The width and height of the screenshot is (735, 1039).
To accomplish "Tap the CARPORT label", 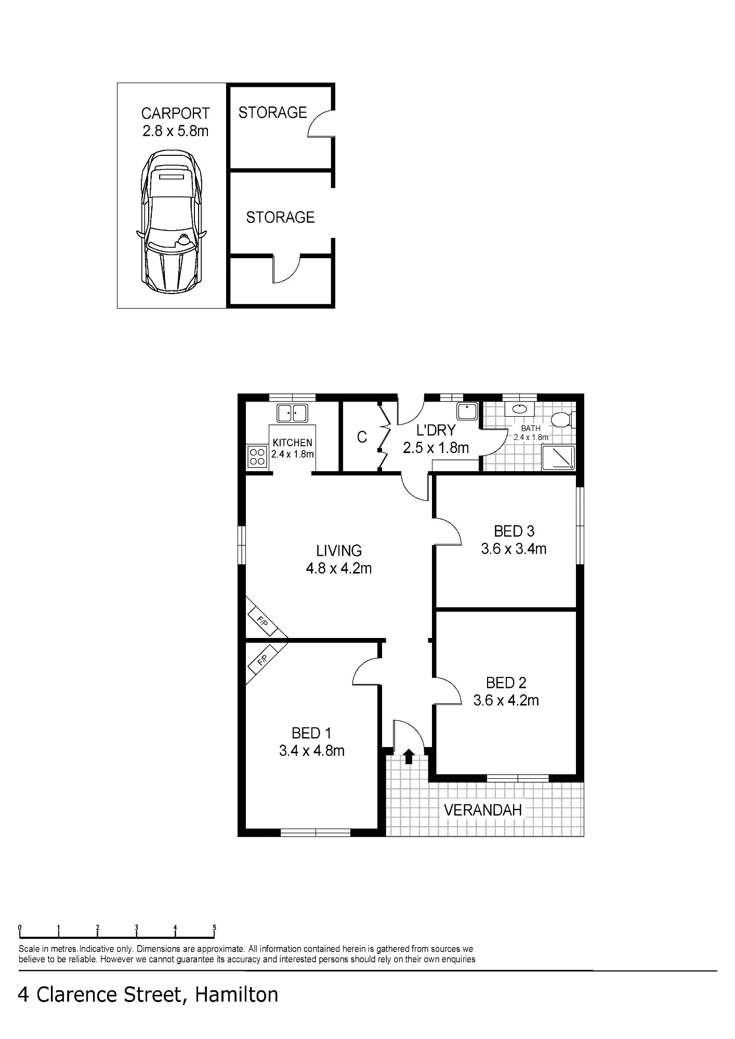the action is click(x=175, y=113).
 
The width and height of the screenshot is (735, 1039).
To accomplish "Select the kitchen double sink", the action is click(x=292, y=413).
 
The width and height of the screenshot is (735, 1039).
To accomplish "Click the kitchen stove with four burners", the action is click(x=257, y=457).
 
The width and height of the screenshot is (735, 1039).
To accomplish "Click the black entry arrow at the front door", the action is click(x=409, y=756).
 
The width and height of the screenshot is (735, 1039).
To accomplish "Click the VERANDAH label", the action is click(x=483, y=810).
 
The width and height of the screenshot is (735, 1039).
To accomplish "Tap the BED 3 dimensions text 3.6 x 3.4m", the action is click(x=514, y=549).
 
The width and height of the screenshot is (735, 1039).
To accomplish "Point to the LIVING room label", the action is click(x=339, y=551).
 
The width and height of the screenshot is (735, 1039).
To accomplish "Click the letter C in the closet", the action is click(x=362, y=437).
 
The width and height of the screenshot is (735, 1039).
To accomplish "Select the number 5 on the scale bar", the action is click(x=214, y=927).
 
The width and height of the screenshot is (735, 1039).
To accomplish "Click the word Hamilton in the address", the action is click(x=237, y=994).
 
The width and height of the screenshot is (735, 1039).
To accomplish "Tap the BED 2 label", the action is click(x=506, y=683).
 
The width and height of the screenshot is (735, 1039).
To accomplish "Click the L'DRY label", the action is click(x=436, y=430).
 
